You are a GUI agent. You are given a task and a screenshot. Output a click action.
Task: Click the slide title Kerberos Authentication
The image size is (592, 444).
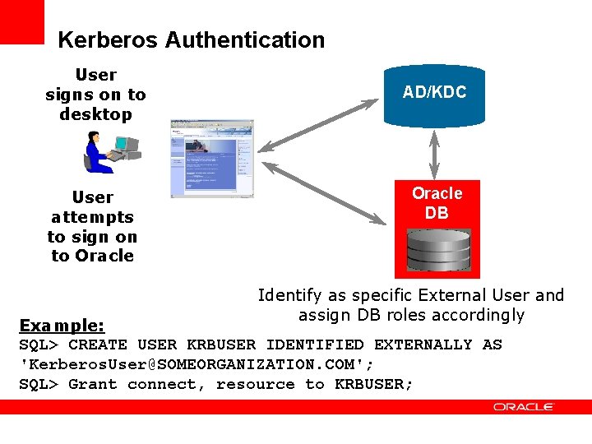(191, 39)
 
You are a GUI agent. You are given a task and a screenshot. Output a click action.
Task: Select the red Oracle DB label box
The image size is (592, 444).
(437, 202)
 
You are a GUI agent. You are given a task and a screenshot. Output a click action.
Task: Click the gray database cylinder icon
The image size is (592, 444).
(437, 252)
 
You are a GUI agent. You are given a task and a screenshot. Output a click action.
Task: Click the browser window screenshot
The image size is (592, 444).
(211, 159)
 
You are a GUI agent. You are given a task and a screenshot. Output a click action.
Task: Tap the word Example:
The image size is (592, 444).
(62, 325)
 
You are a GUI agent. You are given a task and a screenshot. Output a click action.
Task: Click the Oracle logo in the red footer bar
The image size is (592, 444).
(524, 407)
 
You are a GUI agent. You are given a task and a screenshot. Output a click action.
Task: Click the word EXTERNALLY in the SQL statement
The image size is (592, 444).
(423, 345)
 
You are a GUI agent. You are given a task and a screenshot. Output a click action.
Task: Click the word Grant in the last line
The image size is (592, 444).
(93, 384)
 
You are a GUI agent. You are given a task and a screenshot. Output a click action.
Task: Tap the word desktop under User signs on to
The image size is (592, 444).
(95, 114)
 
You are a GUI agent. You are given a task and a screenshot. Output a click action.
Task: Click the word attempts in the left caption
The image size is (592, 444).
(92, 217)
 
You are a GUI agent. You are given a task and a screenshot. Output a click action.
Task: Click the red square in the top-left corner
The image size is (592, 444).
(21, 21)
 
